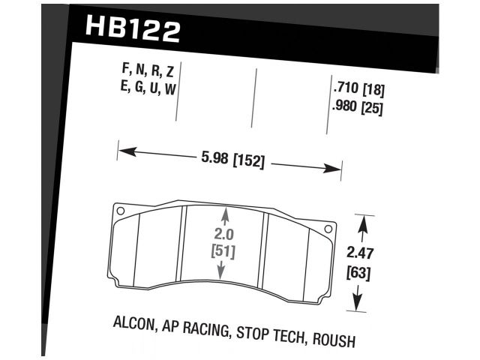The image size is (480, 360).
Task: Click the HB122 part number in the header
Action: coord(133,31)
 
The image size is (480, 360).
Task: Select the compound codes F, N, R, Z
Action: coord(148,72)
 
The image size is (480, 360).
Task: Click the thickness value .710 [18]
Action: coord(358,88)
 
